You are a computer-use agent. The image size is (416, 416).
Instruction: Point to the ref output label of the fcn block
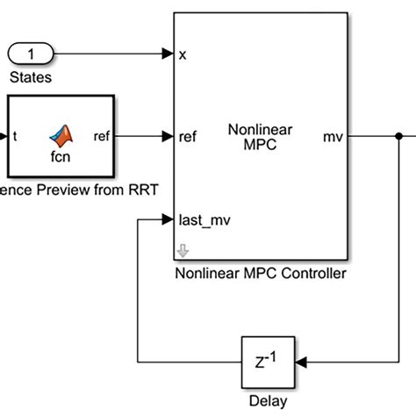103,137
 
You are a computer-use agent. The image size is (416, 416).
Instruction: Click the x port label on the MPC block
183,54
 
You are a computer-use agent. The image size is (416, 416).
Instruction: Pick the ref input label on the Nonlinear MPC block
188,137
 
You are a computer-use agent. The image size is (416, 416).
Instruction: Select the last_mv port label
204,220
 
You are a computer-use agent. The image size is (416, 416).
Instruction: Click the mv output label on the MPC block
334,137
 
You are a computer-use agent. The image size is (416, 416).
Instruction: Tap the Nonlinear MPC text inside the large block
260,137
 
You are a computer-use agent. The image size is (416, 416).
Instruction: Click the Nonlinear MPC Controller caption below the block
260,273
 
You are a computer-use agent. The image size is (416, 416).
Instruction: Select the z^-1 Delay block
269,362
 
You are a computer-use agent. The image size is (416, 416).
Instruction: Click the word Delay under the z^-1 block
269,401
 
